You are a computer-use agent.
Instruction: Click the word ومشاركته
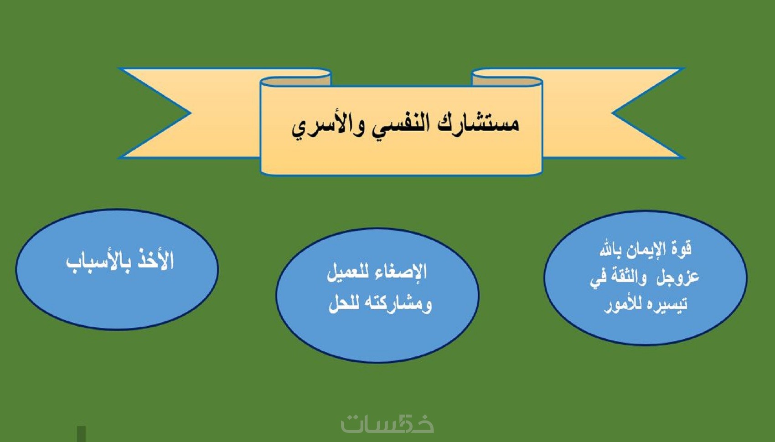(396, 304)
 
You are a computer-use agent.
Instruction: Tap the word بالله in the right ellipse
(610, 249)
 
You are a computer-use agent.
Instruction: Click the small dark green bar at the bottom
(81, 434)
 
